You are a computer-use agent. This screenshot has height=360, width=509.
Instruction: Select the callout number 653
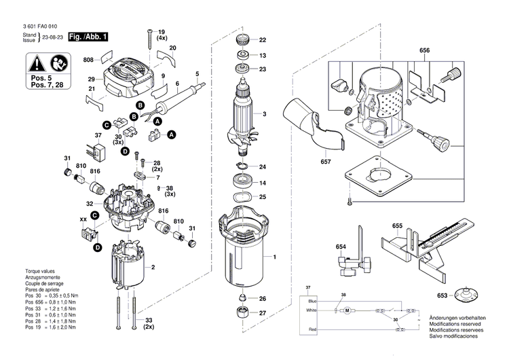tap(442, 296)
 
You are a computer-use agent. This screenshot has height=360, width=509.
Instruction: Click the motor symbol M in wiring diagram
tap(345, 310)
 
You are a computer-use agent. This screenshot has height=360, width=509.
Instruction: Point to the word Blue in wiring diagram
tap(312, 300)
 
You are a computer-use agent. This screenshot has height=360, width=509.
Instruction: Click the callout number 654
tap(341, 247)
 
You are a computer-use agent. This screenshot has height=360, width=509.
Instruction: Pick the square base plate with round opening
tap(381, 178)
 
